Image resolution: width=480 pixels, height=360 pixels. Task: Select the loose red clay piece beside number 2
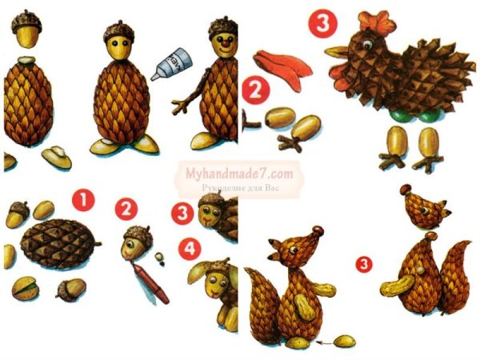[x=276, y=62]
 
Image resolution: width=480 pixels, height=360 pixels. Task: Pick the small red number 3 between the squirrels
[x=364, y=262]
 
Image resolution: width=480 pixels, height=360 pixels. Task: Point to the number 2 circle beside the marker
[x=126, y=210]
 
